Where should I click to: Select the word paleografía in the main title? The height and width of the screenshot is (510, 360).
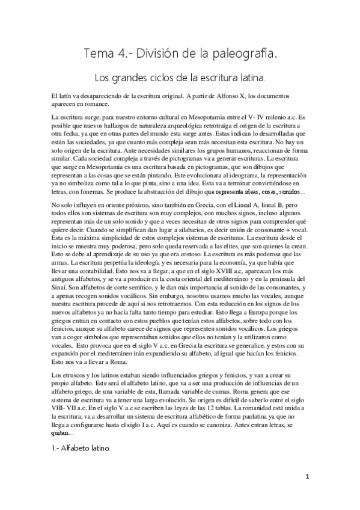click(x=244, y=55)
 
